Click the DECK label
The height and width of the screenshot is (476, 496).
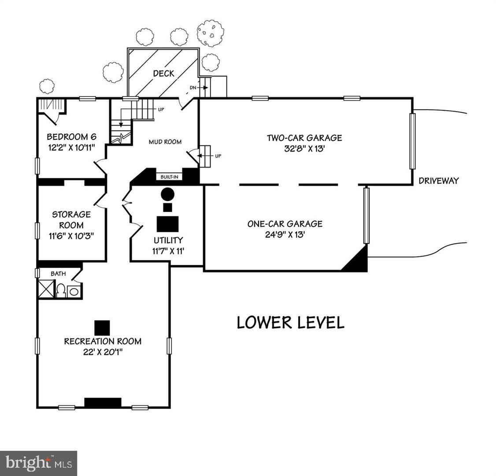163,74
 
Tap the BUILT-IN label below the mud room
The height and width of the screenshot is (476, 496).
169,177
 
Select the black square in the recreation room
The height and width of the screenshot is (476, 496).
102,327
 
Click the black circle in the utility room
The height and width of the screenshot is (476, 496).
167,194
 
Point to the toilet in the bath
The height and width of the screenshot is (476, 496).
61,290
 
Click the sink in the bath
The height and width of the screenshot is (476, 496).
74,291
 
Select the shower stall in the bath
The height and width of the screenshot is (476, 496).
46,289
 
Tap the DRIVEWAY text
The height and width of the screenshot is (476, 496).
438,180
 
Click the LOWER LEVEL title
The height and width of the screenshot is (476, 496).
290,323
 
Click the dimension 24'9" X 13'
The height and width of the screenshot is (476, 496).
285,234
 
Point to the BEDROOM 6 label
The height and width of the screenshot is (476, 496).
71,136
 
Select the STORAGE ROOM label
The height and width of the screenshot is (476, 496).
71,219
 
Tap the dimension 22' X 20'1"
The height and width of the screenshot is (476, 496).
103,352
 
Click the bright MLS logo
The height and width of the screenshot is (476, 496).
38,463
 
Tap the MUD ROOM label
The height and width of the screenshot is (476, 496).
165,142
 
